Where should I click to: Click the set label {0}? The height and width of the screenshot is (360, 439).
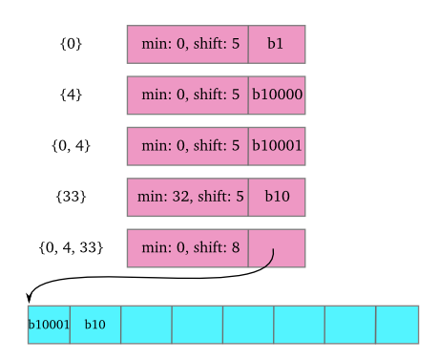coord(71,44)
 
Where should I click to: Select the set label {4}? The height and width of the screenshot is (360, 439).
coord(71,95)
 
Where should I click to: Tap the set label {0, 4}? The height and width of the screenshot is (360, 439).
coord(71,146)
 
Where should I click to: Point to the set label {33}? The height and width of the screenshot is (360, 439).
coord(71,197)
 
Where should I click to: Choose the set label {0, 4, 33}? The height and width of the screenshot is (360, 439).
coord(71,248)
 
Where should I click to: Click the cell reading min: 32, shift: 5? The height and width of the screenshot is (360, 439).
coord(188,197)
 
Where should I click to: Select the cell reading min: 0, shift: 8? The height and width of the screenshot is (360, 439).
coord(188,248)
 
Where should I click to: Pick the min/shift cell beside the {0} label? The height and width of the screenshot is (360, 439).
coord(188,44)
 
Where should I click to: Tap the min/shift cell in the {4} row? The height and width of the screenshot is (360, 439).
coord(188,95)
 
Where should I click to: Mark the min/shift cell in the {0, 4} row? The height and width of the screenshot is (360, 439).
coord(188,146)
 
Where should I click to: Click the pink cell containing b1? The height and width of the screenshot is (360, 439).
coord(277,44)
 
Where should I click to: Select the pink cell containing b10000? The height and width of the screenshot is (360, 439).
coord(277,95)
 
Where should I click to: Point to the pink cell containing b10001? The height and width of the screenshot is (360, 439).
coord(277,146)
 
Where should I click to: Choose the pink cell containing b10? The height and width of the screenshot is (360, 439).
coord(277,197)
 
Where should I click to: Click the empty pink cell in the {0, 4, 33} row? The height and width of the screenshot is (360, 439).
coord(277,248)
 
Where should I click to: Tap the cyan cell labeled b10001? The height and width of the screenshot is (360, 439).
coord(49,325)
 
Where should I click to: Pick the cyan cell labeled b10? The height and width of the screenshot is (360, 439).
coord(95,325)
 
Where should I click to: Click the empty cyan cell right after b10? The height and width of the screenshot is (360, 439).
coord(146,325)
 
